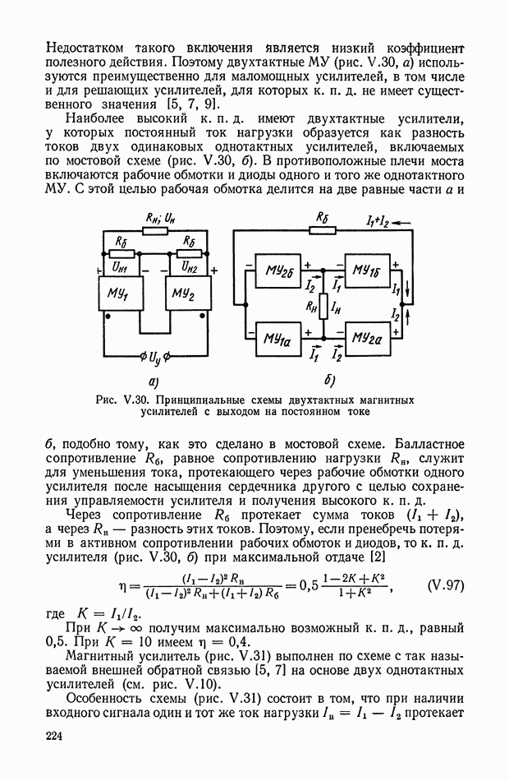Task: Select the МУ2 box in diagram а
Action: [187, 294]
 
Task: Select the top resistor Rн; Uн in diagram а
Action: [157, 231]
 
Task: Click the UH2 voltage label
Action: [190, 268]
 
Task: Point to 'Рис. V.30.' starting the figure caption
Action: [119, 400]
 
